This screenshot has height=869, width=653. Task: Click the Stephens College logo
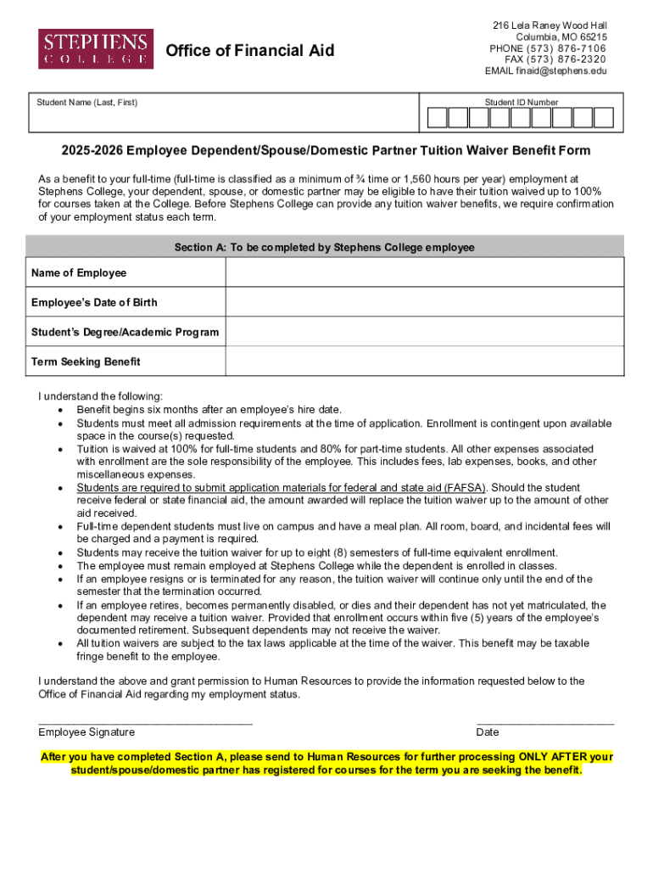tap(96, 48)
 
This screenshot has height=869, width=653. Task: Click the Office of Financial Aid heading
tap(250, 51)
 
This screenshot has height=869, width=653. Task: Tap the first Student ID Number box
tap(437, 118)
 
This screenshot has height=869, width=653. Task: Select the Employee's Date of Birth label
tap(94, 302)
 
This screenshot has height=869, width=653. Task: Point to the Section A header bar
tap(325, 248)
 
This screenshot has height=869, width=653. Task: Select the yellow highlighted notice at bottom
tap(326, 763)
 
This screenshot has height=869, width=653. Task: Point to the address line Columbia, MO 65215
tap(561, 37)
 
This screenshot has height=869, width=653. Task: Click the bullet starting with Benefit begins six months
tap(209, 410)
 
